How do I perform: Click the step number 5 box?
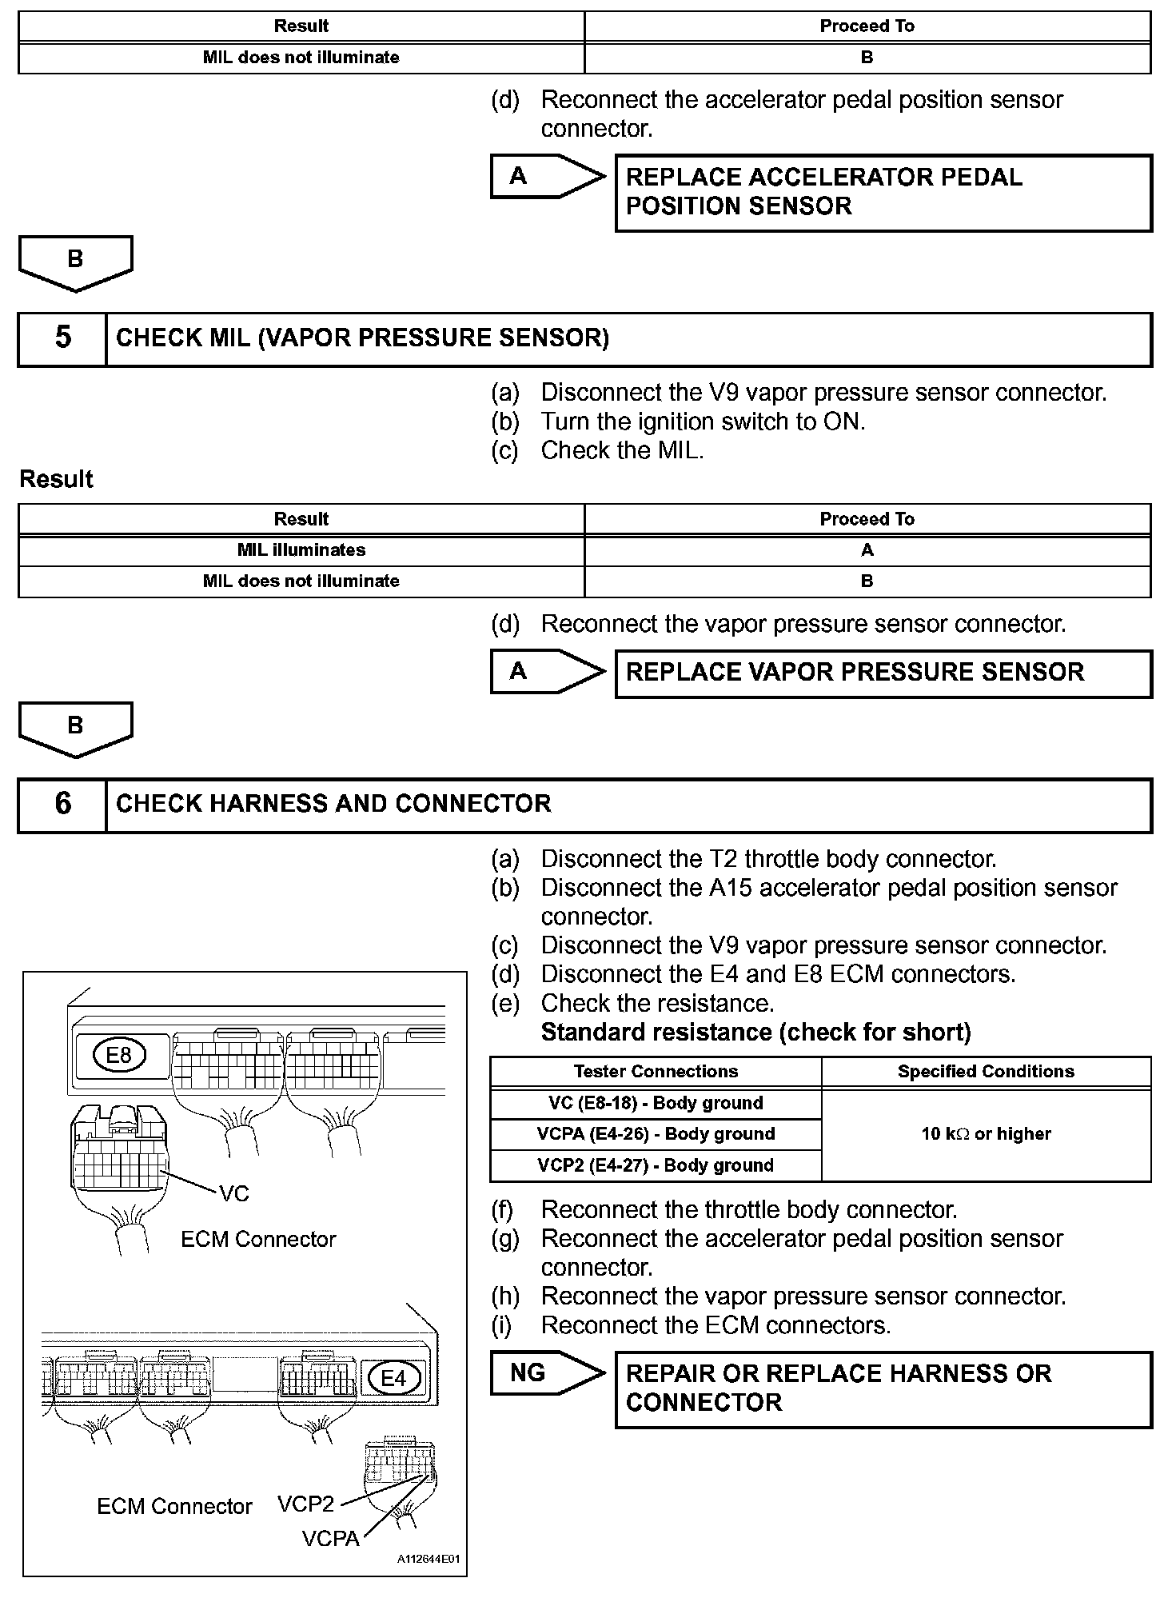62,338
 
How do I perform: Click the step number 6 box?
62,805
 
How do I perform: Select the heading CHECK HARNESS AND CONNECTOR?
333,805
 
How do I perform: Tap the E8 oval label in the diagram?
118,1055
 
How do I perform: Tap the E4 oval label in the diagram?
393,1377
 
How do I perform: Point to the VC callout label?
234,1194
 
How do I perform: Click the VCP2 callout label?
305,1504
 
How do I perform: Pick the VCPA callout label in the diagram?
330,1538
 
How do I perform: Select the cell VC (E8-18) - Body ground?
656,1103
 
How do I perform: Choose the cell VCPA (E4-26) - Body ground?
656,1134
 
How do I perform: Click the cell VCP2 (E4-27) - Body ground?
656,1165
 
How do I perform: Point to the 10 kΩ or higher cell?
986,1134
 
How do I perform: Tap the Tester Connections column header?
656,1072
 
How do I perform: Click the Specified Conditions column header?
986,1072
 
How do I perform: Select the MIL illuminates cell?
301,550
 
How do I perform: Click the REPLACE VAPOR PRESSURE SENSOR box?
883,673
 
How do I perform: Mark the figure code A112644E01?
428,1560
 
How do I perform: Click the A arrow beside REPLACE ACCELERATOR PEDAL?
547,176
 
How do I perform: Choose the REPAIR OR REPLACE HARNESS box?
883,1388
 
